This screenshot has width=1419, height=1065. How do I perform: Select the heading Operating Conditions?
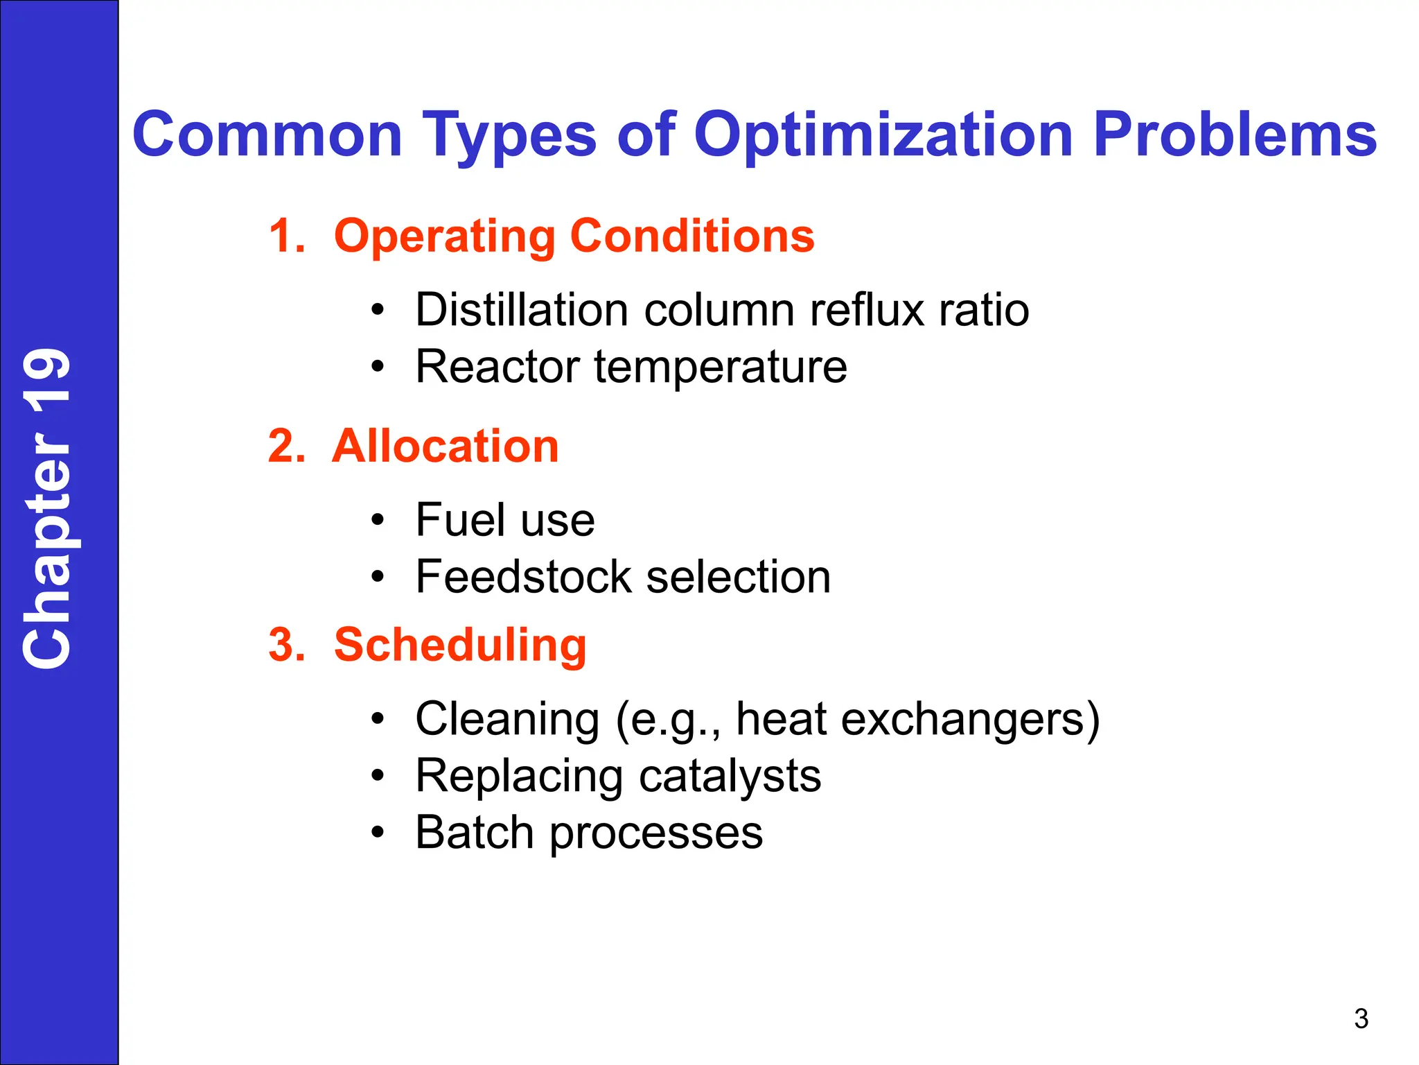574,236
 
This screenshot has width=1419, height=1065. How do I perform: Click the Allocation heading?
446,446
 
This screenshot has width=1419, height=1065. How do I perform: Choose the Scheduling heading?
460,645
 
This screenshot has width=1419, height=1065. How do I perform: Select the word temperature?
721,367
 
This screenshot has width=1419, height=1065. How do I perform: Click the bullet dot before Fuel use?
376,520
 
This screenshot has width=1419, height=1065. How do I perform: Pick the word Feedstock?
523,577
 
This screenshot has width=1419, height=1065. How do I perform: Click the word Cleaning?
507,719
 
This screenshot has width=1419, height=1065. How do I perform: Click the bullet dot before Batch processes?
376,833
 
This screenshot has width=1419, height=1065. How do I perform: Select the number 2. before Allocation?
286,446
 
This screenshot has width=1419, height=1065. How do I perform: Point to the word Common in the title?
267,135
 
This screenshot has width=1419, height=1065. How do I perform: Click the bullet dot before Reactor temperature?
376,367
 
